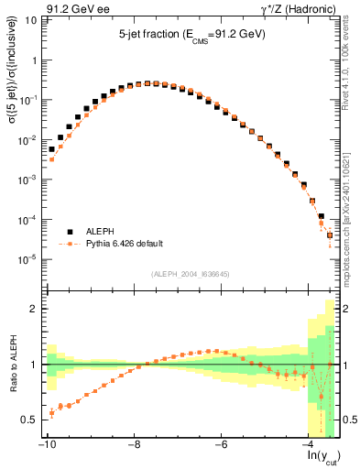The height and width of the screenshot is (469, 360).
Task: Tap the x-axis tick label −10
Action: [x=46, y=445]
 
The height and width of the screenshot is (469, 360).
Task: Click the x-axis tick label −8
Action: [x=134, y=445]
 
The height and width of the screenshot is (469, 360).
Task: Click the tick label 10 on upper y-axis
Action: [x=32, y=19]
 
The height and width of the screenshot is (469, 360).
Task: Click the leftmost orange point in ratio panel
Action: [x=52, y=413]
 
